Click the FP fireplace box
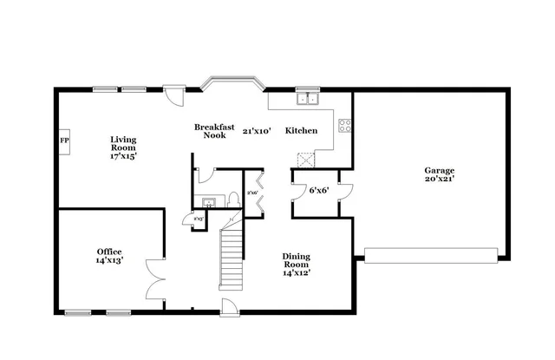pyautogui.click(x=64, y=141)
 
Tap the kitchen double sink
pyautogui.click(x=307, y=99)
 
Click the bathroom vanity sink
pyautogui.click(x=209, y=203)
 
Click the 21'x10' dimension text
pyautogui.click(x=257, y=131)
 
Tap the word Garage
pyautogui.click(x=439, y=170)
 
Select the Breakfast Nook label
pyautogui.click(x=214, y=131)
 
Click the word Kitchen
pyautogui.click(x=301, y=131)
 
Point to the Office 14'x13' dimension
pyautogui.click(x=109, y=260)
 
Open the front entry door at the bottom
pyautogui.click(x=230, y=307)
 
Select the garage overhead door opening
pyautogui.click(x=431, y=253)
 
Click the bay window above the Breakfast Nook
pyautogui.click(x=232, y=84)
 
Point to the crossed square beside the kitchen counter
pyautogui.click(x=304, y=159)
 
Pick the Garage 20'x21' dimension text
pyautogui.click(x=439, y=179)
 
